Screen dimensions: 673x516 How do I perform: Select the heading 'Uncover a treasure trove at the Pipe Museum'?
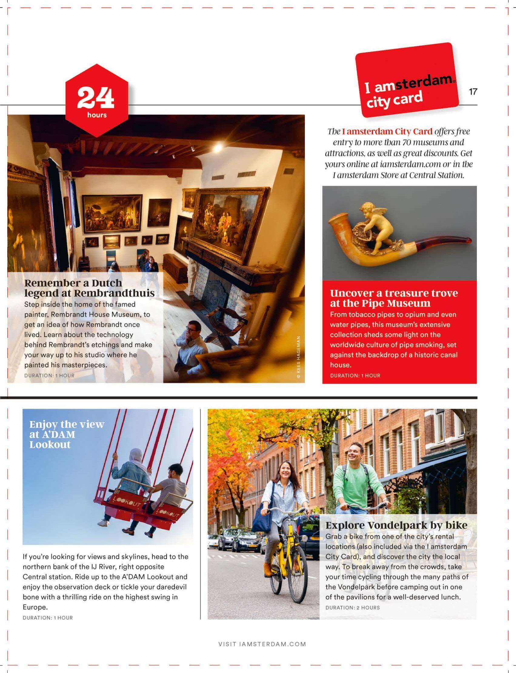point(394,298)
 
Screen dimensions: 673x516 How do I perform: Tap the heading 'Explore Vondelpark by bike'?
point(396,525)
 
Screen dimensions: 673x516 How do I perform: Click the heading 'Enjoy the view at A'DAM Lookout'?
point(67,434)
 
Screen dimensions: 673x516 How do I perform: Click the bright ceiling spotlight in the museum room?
point(218,148)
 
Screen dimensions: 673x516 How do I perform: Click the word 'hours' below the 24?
point(97,115)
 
